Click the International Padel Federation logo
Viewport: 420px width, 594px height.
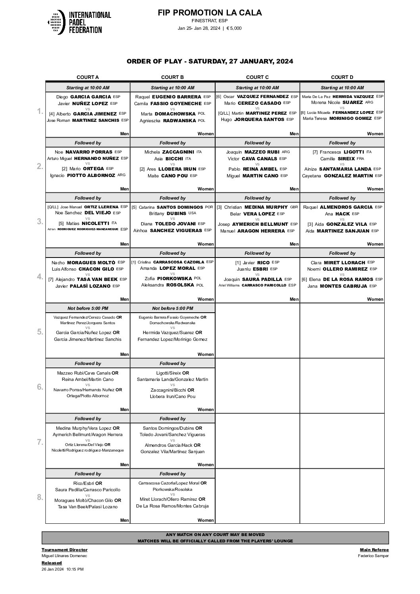79,22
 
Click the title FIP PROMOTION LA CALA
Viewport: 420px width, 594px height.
210,13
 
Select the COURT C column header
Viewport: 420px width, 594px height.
257,77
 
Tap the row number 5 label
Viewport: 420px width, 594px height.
40,332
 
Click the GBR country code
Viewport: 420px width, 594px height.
294,207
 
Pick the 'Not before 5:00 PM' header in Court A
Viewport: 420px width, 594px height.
88,308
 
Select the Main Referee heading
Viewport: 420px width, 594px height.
374,550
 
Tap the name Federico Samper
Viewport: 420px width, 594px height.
373,556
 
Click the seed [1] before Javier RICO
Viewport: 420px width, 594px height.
238,263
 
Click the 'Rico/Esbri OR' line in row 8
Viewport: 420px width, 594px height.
88,483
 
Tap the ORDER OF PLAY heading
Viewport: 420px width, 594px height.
210,61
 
